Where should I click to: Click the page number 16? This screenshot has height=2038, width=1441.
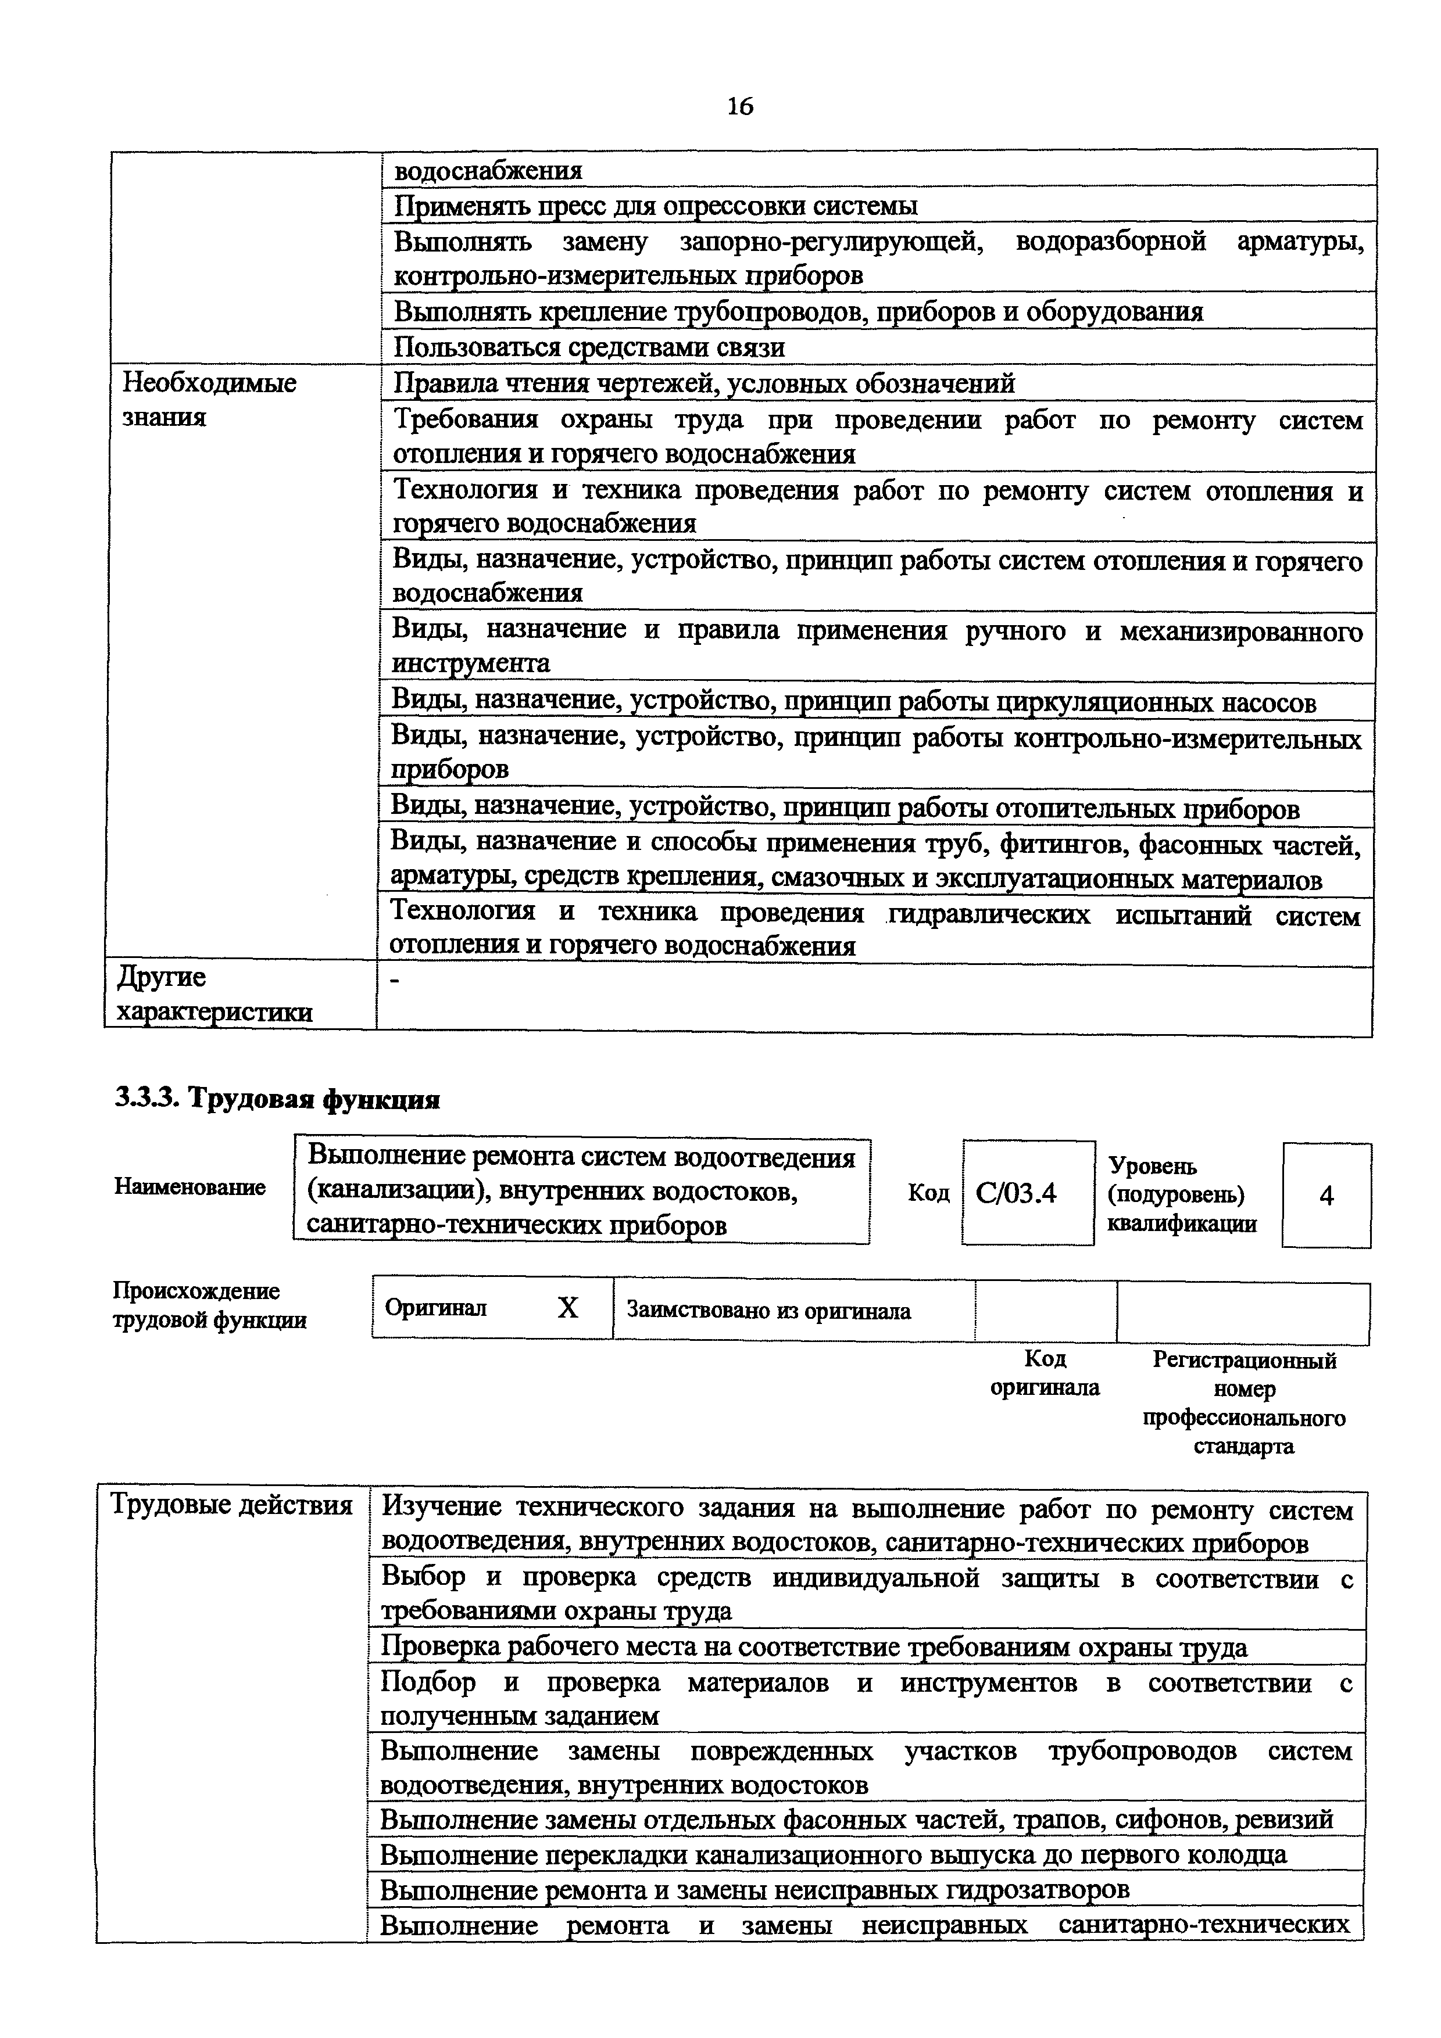pos(739,106)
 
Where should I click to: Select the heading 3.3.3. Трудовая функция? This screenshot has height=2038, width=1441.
pos(278,1099)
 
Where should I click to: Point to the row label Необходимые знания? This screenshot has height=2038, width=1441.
pos(209,400)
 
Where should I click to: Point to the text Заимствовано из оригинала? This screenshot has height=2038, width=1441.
pos(768,1310)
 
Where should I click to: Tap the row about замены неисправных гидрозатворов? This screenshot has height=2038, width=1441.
pos(755,1889)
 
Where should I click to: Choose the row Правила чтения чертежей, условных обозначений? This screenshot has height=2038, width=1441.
pos(703,383)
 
